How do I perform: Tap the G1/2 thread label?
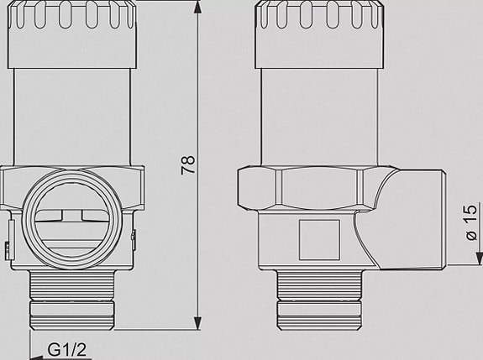coord(68,347)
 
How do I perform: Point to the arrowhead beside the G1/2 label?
coord(34,347)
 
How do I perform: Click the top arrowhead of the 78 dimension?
coord(198,8)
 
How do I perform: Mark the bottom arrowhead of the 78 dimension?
coord(198,324)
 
